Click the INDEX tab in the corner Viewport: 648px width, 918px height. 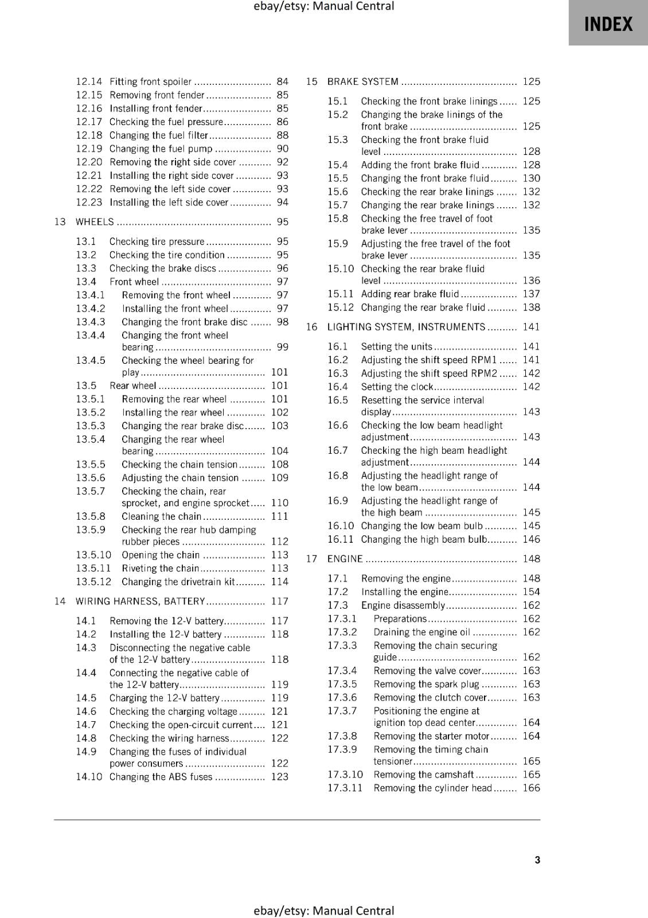coord(608,24)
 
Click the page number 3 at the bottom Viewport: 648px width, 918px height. coord(537,859)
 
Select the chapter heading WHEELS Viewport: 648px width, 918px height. coord(95,222)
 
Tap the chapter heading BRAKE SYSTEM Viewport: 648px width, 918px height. coord(362,81)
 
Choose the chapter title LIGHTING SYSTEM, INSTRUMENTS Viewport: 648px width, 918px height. coord(406,327)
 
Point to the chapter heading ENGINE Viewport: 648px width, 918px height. coord(345,559)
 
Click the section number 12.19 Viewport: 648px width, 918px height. coord(89,149)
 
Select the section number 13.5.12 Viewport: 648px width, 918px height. coord(93,582)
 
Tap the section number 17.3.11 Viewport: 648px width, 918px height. coord(345,788)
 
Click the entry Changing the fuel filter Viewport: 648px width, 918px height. coord(159,135)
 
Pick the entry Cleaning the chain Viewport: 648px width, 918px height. coord(161,516)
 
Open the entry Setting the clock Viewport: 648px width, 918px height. coord(397,387)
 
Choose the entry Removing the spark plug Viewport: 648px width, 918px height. coord(426,684)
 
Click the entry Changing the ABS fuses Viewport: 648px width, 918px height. coord(161,777)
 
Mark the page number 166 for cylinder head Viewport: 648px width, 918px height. coord(531,788)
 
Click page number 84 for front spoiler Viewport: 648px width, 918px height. coord(282,81)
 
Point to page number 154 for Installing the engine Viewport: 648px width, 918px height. coord(531,592)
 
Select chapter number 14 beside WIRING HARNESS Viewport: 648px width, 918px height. coord(60,601)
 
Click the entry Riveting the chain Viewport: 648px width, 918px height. coord(160,569)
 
